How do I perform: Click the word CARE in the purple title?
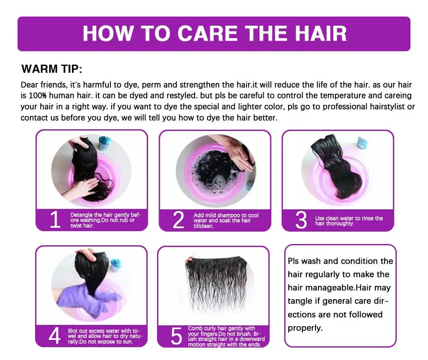pyautogui.click(x=208, y=33)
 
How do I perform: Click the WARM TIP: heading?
pyautogui.click(x=52, y=69)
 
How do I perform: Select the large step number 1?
pyautogui.click(x=55, y=220)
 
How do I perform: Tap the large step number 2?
pyautogui.click(x=178, y=220)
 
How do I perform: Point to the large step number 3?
pyautogui.click(x=301, y=220)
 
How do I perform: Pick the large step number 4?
pyautogui.click(x=55, y=336)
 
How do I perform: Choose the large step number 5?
pyautogui.click(x=176, y=336)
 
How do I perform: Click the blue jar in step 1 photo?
pyautogui.click(x=105, y=143)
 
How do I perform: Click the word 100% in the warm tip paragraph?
pyautogui.click(x=37, y=95)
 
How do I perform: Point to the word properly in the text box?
pyautogui.click(x=305, y=328)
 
